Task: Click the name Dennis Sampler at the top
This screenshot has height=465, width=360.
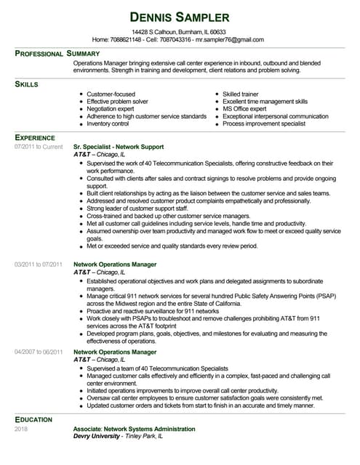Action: (179, 16)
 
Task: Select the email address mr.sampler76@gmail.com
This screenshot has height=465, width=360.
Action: (229, 39)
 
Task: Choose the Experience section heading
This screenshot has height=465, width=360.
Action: (35, 137)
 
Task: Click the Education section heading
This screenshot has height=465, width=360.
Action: (33, 419)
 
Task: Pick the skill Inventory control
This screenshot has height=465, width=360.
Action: (112, 124)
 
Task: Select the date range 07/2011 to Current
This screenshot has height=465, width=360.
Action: (39, 147)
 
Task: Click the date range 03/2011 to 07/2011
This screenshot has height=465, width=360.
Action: (39, 264)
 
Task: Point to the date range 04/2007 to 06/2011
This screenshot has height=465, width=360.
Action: (39, 352)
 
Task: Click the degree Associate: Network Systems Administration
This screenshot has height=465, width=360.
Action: (134, 429)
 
